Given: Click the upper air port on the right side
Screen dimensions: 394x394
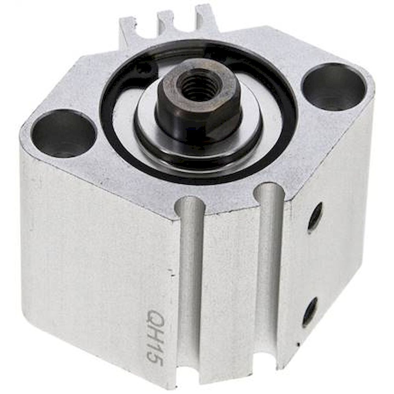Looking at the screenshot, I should (x=315, y=217).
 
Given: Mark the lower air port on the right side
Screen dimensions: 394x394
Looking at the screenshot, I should (x=310, y=312).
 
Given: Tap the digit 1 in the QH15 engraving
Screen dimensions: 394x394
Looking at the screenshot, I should (x=155, y=346).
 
